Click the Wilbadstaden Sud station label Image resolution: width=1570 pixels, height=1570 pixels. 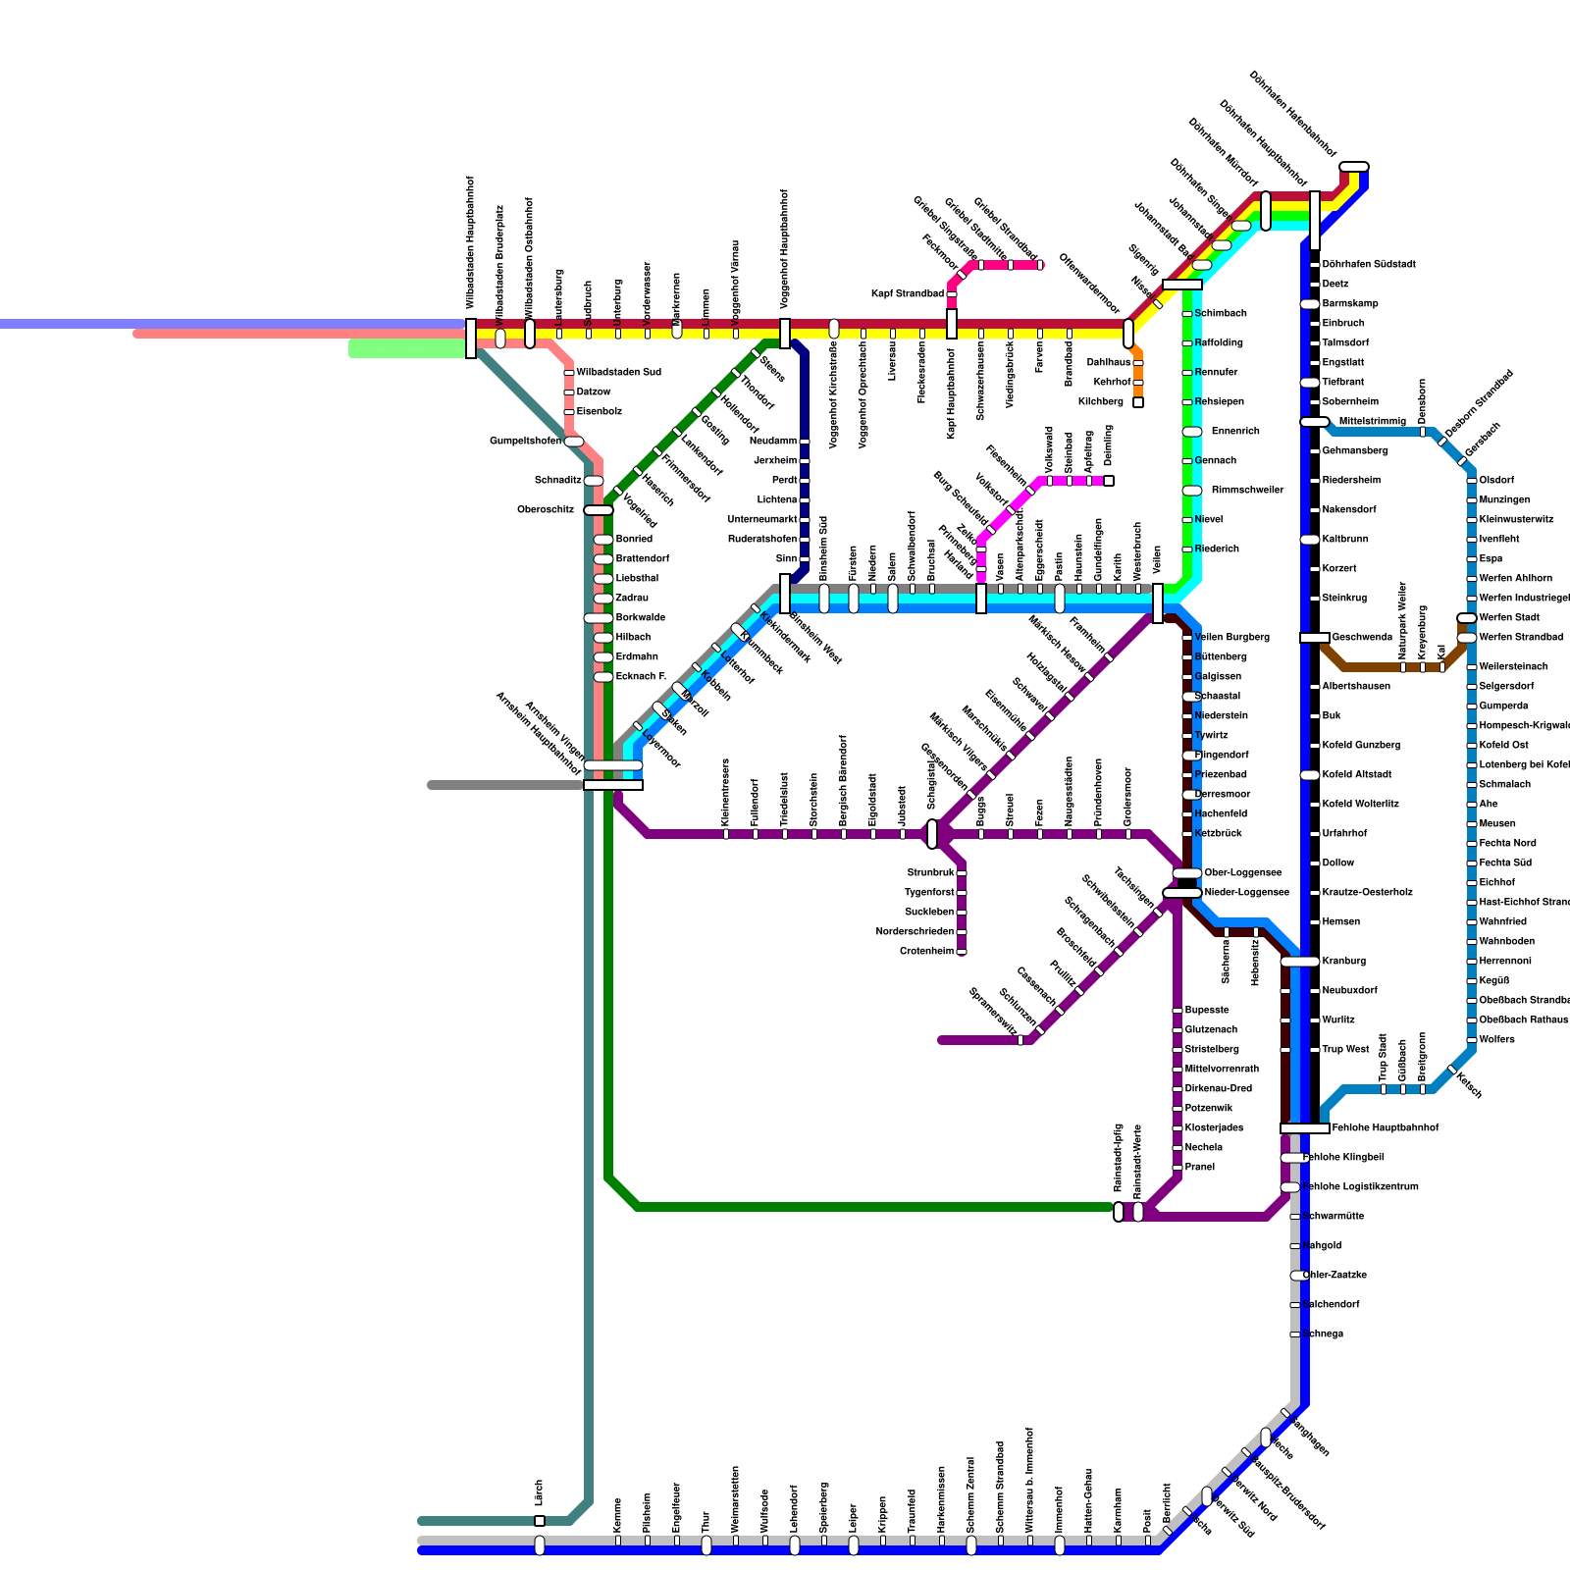tap(618, 373)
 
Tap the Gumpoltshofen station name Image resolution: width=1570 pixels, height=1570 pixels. tap(525, 442)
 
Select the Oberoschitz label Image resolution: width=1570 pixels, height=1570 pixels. tap(546, 510)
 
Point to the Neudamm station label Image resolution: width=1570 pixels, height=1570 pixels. tap(773, 442)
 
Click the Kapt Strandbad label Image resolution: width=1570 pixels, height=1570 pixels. tap(908, 294)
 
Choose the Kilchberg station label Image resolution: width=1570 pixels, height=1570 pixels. tap(1100, 402)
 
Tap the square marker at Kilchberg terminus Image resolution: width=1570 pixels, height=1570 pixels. tap(1138, 402)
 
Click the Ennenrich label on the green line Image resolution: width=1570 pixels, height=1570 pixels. tap(1235, 432)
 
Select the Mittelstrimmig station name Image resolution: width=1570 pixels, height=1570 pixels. tap(1372, 422)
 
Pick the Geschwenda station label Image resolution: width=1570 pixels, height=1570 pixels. tap(1362, 638)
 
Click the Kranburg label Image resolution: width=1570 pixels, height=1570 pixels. tap(1343, 962)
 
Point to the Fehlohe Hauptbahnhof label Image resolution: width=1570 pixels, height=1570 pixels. tap(1385, 1128)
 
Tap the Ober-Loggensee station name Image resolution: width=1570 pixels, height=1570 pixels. tap(1242, 873)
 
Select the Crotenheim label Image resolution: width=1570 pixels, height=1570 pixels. tap(926, 952)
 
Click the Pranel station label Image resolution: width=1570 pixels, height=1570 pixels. tap(1199, 1168)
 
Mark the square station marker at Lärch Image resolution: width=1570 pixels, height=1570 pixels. tap(540, 1521)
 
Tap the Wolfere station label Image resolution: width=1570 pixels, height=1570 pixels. tap(1496, 1040)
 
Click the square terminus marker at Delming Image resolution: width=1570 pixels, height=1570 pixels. tap(1109, 481)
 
